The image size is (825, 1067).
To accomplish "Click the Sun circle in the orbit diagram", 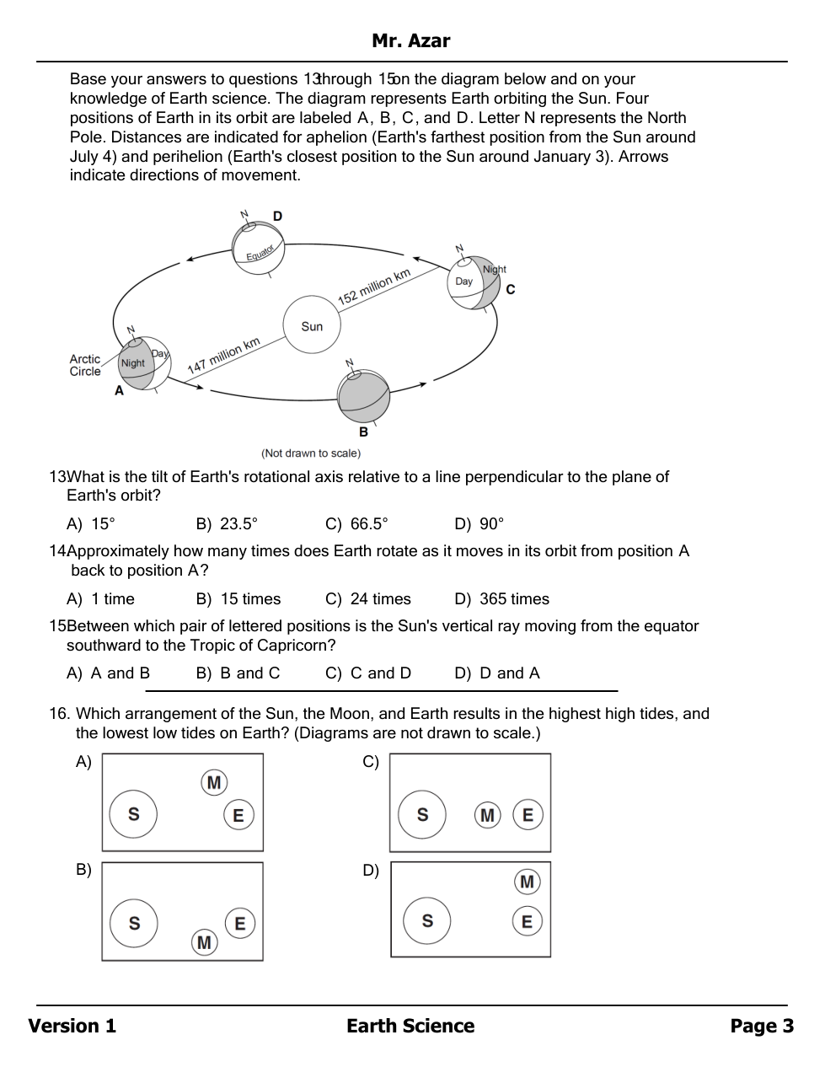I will [312, 325].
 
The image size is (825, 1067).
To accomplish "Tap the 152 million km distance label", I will [374, 287].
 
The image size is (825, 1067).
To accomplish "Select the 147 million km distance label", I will [223, 356].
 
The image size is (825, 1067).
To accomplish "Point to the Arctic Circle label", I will [85, 365].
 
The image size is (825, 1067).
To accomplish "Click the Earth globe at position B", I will [364, 396].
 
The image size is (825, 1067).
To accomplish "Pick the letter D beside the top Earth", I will [278, 217].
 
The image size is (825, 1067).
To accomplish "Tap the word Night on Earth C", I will [495, 270].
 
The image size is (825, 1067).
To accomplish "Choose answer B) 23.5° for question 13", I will [227, 524].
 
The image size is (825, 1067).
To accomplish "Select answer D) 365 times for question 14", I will [501, 599].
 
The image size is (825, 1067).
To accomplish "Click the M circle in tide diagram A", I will [214, 783].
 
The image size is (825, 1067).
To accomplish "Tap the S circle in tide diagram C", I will [422, 815].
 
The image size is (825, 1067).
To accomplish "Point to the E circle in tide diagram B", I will [240, 924].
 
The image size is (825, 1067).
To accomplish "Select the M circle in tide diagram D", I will [528, 882].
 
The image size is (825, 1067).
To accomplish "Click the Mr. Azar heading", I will [411, 40].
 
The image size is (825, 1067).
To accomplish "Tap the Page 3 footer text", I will [762, 1026].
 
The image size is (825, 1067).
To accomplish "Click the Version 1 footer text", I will [72, 1026].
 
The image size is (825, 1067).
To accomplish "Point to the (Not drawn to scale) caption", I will [311, 453].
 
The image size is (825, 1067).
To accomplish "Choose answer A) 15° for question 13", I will [91, 524].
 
